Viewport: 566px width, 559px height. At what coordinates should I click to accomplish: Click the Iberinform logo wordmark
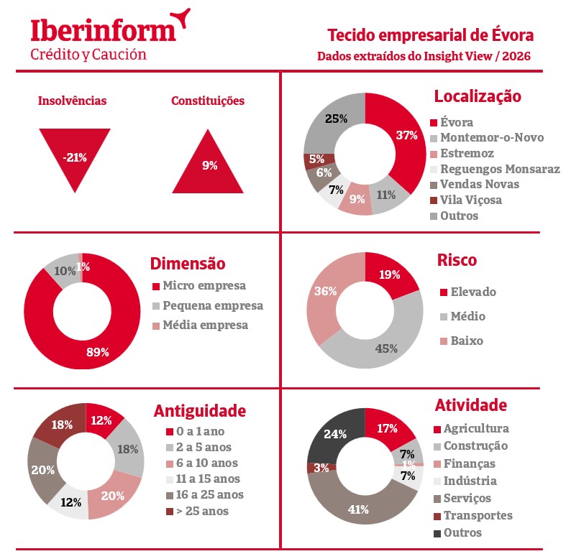103,30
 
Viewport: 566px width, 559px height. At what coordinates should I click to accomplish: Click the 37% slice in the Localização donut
403,137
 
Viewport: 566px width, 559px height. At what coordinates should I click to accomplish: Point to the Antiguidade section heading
200,411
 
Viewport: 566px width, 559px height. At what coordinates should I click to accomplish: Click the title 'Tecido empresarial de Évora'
430,35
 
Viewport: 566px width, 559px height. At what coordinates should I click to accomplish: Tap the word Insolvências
72,101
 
